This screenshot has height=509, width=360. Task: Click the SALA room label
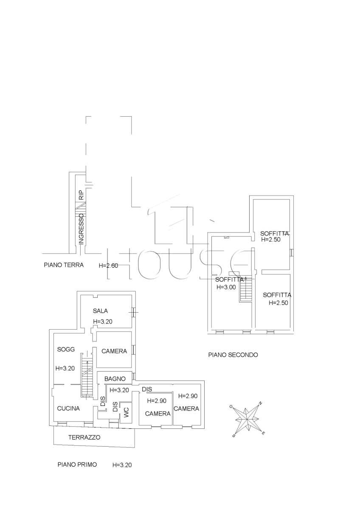point(100,310)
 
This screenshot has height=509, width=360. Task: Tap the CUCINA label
point(68,408)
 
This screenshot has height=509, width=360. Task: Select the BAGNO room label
point(115,378)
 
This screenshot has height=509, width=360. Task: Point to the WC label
point(126,412)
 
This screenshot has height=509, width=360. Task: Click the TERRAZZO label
point(84,437)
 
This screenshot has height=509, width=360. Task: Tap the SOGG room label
point(66,349)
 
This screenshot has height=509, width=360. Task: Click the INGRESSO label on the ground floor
point(81,229)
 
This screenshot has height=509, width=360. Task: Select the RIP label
point(81,195)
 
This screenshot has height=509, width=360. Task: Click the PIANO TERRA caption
point(64,265)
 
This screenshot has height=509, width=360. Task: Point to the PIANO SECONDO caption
point(233,355)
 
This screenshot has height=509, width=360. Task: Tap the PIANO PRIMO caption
point(77,464)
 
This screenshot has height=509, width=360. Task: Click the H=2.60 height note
point(108,266)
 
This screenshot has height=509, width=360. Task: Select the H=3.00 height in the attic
point(226,287)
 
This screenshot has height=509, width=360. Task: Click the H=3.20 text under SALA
point(103,322)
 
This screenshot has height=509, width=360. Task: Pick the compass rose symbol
point(247,418)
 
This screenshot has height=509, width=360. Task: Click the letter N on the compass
point(260,403)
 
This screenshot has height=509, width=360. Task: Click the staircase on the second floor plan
point(246,289)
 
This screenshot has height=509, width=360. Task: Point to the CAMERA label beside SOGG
point(114,351)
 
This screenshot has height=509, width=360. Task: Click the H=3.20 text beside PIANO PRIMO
point(122,465)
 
